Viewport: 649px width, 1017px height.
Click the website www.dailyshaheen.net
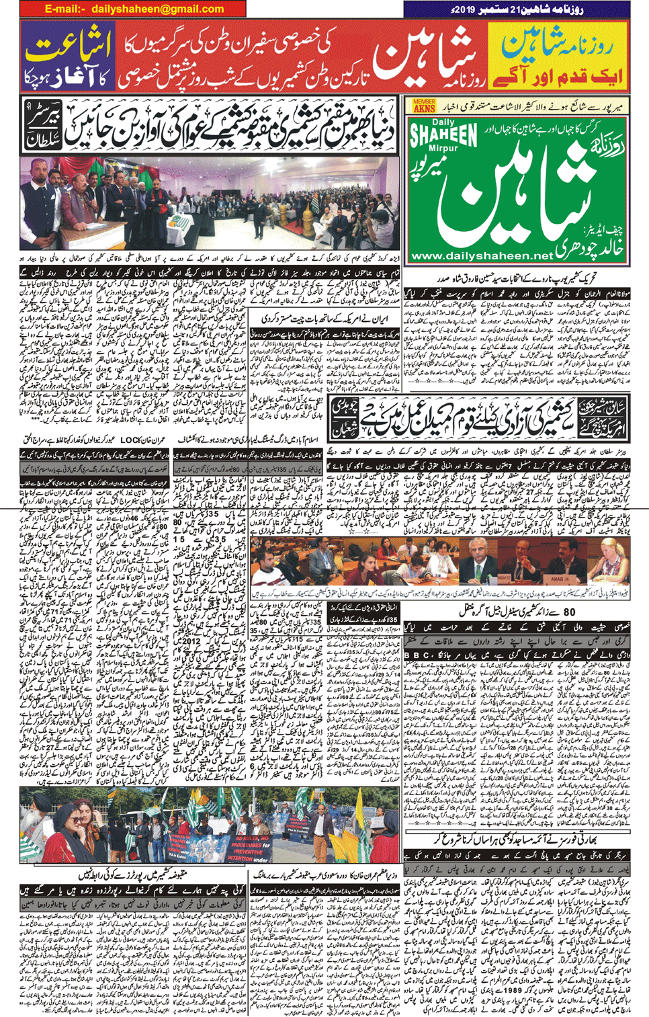pos(481,255)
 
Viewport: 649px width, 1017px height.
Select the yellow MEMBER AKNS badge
pos(424,106)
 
